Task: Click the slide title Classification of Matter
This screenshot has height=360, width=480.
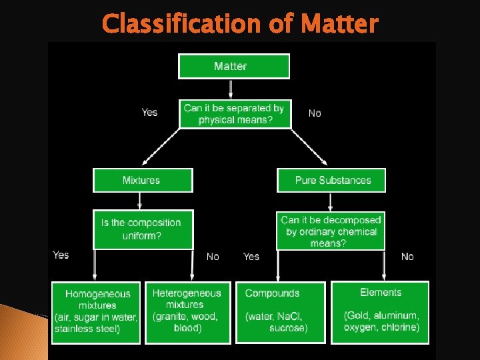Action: coord(240,24)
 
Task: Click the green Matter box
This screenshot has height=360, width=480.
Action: coord(233,67)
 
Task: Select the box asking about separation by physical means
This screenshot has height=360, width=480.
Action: coord(235,114)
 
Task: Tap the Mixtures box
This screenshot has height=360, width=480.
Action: coord(142,180)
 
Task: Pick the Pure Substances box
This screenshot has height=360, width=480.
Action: coord(332,180)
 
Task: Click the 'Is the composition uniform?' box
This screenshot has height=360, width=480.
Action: coord(142,229)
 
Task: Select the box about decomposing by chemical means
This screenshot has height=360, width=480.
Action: coord(331,231)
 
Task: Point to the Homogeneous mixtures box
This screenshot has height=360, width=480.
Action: coord(97,312)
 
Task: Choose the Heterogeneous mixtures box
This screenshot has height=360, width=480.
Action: coord(187,312)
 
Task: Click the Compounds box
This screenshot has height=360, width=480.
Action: coord(280,312)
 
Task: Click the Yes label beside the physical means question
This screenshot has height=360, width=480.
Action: coord(150,112)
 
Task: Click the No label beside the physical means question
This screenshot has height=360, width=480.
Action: coord(315,113)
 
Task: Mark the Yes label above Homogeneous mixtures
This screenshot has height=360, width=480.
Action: coord(61,255)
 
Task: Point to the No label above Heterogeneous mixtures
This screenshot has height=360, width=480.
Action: coord(213,257)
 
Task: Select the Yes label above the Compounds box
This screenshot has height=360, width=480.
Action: coord(251,257)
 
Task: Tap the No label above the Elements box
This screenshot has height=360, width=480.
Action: coord(407,257)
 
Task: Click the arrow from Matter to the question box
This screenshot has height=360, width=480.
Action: coord(231,89)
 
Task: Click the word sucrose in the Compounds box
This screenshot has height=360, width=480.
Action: coord(288,328)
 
